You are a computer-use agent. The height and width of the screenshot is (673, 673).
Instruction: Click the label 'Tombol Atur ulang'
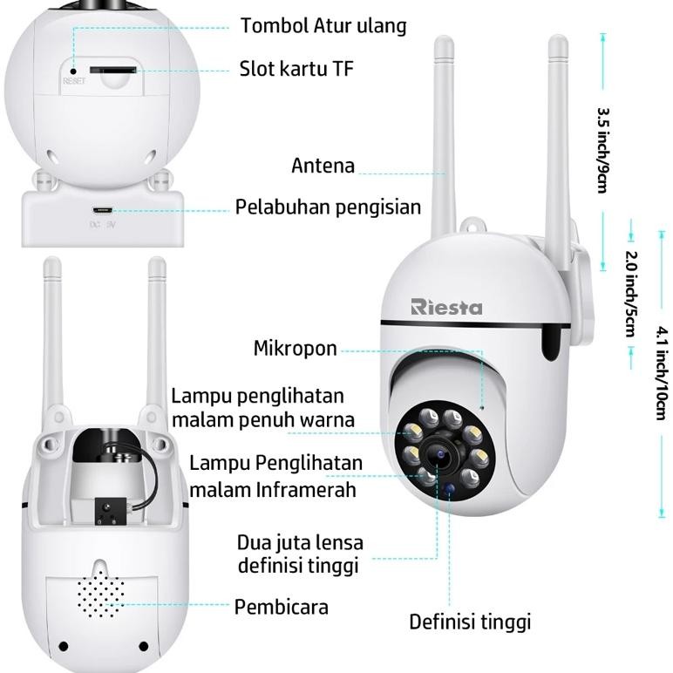[x=323, y=25]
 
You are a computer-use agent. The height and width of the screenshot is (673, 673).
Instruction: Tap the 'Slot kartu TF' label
[x=296, y=69]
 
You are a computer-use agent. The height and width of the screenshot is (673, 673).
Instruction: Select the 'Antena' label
[x=323, y=166]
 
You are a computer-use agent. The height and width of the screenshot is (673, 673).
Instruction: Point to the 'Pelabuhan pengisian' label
[x=328, y=207]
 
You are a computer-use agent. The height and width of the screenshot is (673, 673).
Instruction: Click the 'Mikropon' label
[x=295, y=349]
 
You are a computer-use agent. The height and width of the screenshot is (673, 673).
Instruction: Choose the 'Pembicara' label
[x=281, y=607]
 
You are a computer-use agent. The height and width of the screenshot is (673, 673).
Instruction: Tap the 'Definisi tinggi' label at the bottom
[x=470, y=622]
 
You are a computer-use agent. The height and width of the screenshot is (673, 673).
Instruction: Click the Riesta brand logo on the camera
[x=446, y=306]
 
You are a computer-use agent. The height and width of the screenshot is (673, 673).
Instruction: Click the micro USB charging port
[x=104, y=210]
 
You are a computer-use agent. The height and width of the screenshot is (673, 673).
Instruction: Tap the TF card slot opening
[x=115, y=68]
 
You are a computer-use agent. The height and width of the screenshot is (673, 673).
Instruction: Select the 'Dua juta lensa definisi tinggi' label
[x=300, y=554]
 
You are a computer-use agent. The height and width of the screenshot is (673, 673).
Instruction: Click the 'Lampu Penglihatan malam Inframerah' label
[x=275, y=476]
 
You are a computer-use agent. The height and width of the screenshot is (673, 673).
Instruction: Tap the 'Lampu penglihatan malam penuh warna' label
[x=262, y=408]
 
